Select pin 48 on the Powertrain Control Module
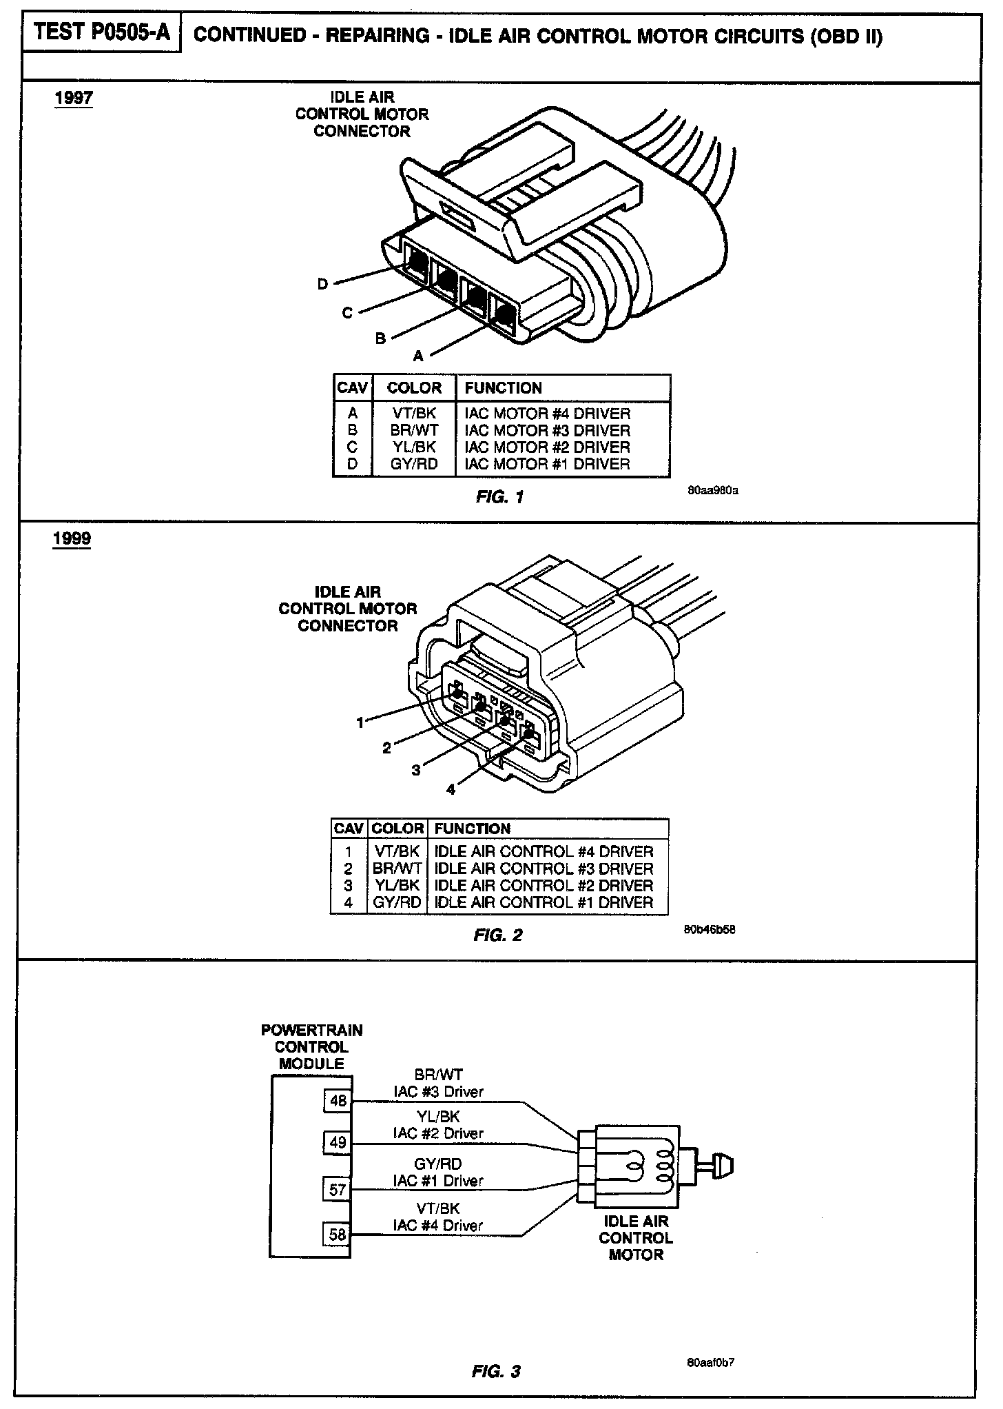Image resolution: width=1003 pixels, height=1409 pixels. pos(338,1101)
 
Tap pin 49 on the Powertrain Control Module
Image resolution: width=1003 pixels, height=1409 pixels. pos(338,1143)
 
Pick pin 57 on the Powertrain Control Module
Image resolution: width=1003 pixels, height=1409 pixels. pos(338,1189)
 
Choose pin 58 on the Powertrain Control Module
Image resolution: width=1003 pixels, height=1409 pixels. pos(338,1234)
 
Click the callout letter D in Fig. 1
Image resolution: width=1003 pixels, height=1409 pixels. pos(322,283)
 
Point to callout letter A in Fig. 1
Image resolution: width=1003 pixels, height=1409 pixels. pos(418,356)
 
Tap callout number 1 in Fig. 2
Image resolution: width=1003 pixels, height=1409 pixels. pos(360,722)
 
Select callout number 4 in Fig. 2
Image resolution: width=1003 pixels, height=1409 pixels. pos(451,789)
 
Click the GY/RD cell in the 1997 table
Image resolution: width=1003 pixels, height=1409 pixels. pos(414,464)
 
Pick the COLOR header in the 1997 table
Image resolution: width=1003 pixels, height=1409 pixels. pos(414,387)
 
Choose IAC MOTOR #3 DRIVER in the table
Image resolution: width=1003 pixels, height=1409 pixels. pos(548,430)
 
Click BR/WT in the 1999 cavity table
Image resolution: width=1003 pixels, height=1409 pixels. pos(397,869)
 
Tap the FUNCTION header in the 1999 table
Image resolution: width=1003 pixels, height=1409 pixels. pos(473,829)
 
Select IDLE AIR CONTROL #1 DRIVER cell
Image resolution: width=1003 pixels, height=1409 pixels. pos(544,902)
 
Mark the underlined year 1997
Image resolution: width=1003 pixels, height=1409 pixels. pos(74,98)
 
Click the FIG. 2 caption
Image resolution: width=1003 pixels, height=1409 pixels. pos(498,935)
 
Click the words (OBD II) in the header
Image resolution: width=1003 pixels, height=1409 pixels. pos(847,36)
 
